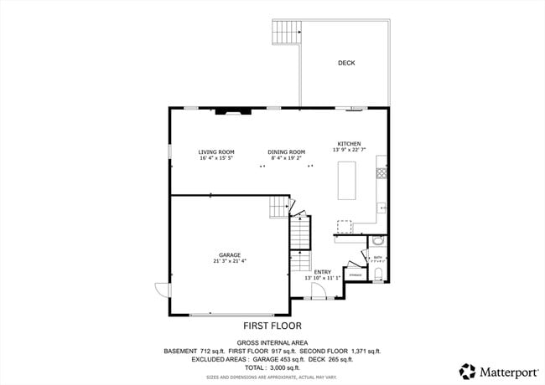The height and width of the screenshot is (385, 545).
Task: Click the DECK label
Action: pos(346,63)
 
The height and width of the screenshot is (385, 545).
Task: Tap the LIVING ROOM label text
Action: pos(215,152)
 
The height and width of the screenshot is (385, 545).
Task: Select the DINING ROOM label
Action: pos(286,152)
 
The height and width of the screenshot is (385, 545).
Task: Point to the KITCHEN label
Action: pos(349,143)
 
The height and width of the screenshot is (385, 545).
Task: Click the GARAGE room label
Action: pos(230,254)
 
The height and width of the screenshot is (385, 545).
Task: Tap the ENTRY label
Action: pos(322,271)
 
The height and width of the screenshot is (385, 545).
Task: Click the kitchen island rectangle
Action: pos(348,181)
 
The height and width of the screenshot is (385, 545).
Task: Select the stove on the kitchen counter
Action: pos(381,173)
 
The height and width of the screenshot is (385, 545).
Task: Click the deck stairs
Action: pos(285,33)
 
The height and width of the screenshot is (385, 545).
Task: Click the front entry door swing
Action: pos(317,290)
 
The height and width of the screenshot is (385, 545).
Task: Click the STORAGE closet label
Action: pos(356,275)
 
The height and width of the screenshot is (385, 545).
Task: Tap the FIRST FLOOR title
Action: pos(272,326)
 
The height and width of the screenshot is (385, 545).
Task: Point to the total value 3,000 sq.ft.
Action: pos(282,367)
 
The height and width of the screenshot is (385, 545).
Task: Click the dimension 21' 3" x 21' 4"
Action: pos(230,261)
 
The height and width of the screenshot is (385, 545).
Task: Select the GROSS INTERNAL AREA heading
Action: pos(272,343)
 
